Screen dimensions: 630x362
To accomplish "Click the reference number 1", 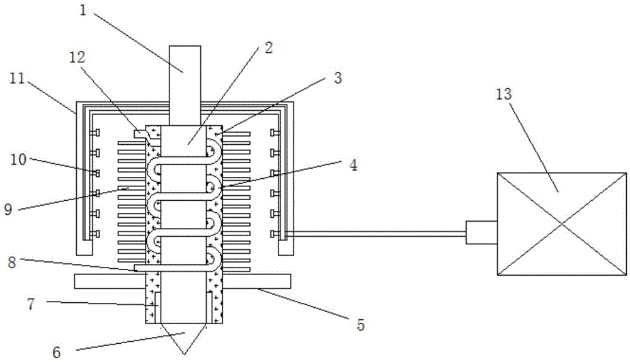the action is tap(83, 11).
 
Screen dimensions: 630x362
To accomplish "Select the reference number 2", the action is tap(268, 48).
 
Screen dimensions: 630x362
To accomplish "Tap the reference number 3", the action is tap(338, 78).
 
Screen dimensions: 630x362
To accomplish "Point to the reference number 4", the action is tap(353, 165).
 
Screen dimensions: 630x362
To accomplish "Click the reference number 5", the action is tap(360, 324).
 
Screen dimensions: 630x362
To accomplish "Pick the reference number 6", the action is tap(57, 353).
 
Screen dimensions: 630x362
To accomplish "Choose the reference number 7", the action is tap(31, 304).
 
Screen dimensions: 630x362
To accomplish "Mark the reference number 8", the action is tap(12, 263).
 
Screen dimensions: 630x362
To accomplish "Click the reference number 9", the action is tap(8, 209).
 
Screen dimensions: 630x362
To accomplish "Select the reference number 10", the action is tap(18, 160).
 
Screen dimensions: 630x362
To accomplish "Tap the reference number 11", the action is tap(17, 78).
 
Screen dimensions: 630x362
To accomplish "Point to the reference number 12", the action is tap(77, 57).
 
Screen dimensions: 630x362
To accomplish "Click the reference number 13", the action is tap(503, 94).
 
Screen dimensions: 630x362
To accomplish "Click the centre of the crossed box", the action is tap(562, 224).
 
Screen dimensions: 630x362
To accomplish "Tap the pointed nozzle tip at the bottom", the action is tap(185, 354).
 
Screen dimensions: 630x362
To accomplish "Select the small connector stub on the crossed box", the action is tap(481, 232).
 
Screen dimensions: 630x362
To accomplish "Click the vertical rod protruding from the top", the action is tap(185, 85).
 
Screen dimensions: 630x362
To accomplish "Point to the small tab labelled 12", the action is tap(140, 132).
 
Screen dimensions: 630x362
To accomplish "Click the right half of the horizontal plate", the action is tap(256, 281).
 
